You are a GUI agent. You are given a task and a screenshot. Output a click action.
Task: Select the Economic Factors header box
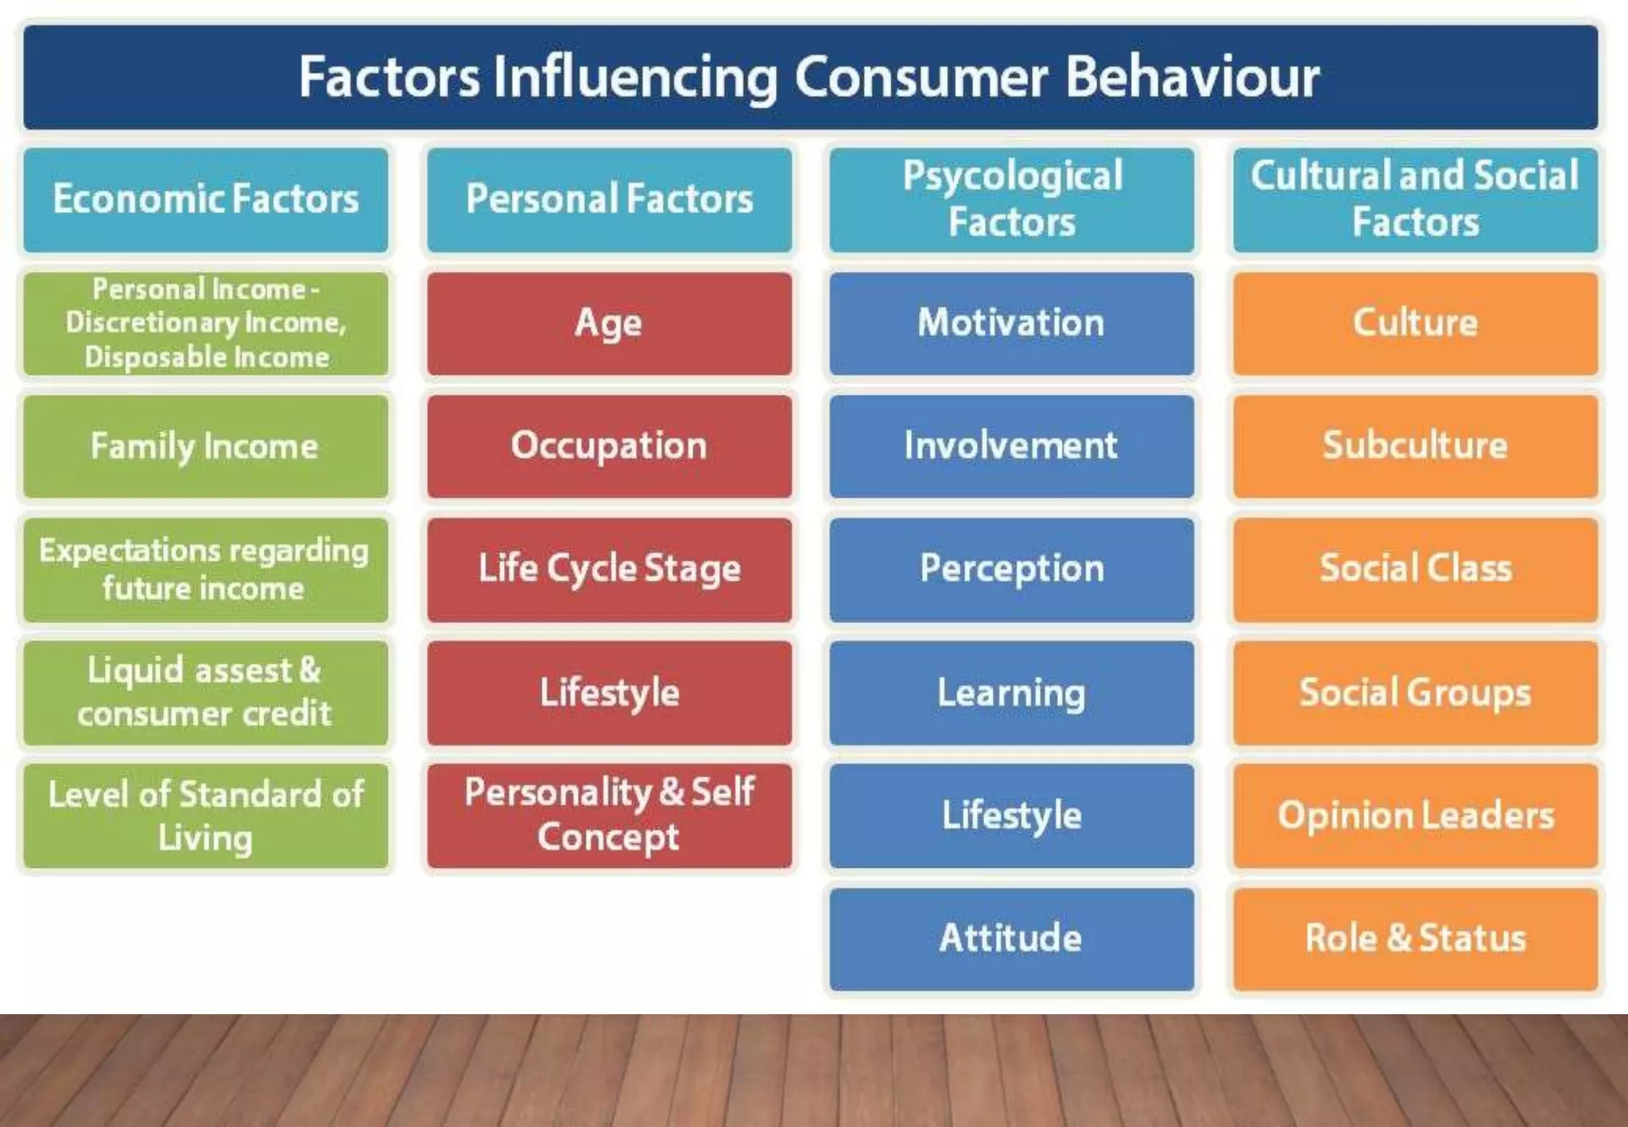206,199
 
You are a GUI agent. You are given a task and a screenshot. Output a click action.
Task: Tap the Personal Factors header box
609,199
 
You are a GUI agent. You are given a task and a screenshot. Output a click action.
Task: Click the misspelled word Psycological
1012,176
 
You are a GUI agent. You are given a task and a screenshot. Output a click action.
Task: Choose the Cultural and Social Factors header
1415,199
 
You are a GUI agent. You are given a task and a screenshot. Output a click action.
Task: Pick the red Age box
609,323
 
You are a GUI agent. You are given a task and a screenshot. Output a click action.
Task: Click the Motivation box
1011,323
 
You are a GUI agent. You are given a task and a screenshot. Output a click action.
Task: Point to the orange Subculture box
1415,446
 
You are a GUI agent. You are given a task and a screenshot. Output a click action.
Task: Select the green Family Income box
206,446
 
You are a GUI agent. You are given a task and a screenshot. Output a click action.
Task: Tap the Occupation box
609,446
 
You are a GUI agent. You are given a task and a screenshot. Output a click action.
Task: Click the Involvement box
1011,446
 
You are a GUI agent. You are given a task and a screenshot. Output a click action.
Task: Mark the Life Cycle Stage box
609,569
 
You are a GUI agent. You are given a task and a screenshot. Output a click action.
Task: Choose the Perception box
1011,569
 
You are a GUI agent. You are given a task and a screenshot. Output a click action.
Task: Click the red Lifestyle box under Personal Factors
609,692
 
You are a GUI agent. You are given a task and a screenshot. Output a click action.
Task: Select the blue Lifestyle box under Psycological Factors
1011,815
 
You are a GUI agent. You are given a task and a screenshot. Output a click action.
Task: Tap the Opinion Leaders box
1415,815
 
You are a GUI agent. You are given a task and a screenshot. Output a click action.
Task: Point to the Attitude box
1011,939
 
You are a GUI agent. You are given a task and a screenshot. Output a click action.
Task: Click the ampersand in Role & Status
1399,938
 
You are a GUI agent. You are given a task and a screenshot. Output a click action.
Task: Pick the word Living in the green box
205,838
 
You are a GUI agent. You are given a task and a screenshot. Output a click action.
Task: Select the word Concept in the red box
608,837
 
